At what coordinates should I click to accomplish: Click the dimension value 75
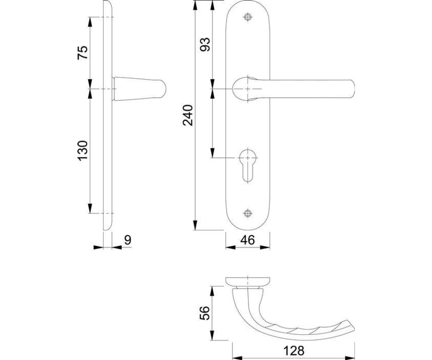[x=82, y=53]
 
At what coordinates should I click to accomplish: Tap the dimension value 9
[x=128, y=240]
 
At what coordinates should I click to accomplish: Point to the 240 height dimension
[x=188, y=116]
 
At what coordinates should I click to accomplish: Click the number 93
[x=205, y=44]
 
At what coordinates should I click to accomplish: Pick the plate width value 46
[x=248, y=240]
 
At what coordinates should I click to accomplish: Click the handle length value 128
[x=294, y=345]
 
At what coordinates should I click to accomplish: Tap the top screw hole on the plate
[x=248, y=17]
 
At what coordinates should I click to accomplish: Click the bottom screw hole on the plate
[x=248, y=213]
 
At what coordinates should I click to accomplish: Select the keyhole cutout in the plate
[x=248, y=165]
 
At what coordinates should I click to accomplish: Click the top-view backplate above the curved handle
[x=248, y=281]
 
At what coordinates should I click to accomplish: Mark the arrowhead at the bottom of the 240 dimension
[x=195, y=225]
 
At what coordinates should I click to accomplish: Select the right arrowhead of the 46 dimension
[x=265, y=247]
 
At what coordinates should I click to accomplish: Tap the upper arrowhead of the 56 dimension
[x=212, y=291]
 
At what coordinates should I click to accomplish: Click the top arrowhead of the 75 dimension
[x=90, y=22]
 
